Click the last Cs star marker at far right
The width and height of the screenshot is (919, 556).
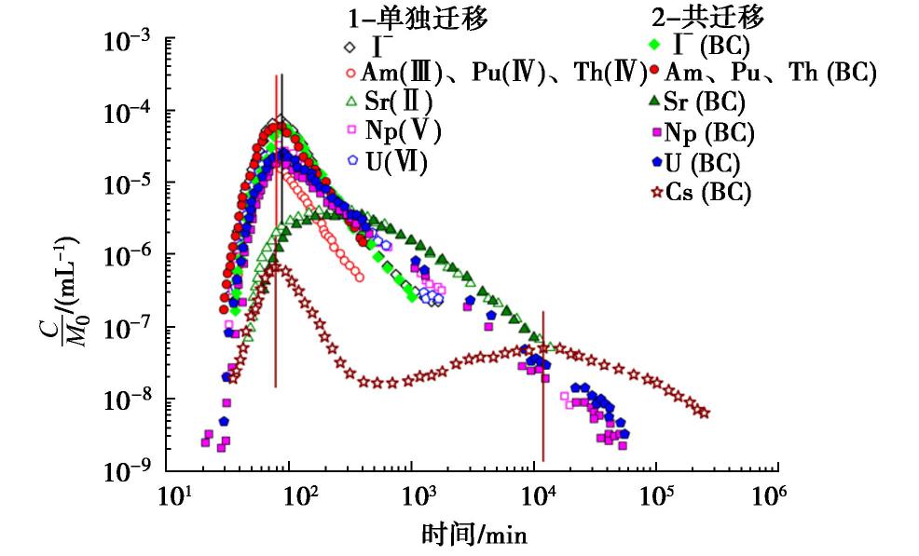coord(705,413)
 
